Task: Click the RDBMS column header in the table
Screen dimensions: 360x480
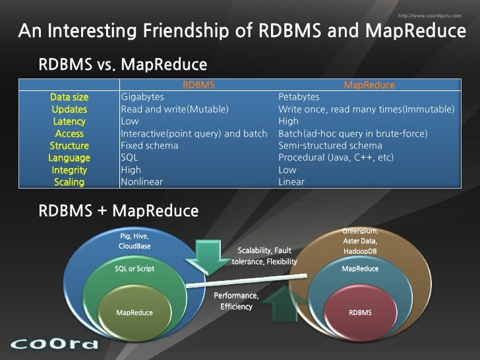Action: coord(198,85)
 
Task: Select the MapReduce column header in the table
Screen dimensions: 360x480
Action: coord(369,85)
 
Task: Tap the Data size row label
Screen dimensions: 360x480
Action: coord(69,97)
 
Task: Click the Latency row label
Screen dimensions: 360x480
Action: coord(69,121)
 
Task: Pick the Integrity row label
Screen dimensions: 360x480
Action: coord(69,170)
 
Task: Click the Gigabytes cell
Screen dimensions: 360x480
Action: coord(143,97)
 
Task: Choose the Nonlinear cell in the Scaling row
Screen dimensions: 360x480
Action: coord(142,182)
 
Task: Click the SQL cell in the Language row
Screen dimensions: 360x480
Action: coord(130,158)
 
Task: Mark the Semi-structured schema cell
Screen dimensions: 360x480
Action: coord(330,146)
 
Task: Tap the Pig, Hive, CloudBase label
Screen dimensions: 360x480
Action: coord(135,241)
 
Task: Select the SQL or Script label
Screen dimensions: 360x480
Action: coord(135,269)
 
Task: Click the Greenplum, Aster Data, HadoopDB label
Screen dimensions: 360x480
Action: coord(360,241)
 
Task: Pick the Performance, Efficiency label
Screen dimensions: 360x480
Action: coord(236,301)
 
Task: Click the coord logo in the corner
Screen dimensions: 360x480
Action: coord(55,344)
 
